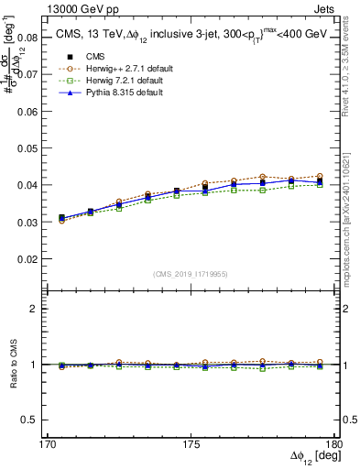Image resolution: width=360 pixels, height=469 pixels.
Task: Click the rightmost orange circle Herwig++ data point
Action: click(x=319, y=176)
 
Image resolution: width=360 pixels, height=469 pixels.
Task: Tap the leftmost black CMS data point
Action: click(x=61, y=218)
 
